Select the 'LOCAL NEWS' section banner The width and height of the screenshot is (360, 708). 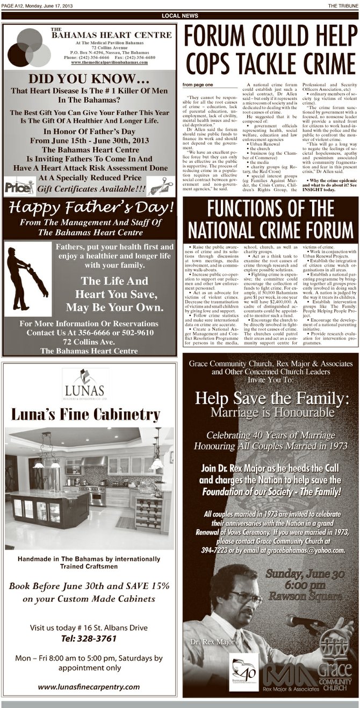click(x=179, y=16)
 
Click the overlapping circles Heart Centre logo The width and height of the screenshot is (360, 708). click(x=29, y=47)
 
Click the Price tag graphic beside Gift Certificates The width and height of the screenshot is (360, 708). click(x=18, y=187)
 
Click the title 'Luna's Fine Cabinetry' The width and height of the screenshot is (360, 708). click(x=85, y=414)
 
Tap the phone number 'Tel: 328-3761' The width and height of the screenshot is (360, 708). click(x=89, y=639)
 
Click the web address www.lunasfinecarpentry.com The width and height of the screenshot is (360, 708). click(x=89, y=686)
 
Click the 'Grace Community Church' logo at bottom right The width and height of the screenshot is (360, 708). click(x=334, y=663)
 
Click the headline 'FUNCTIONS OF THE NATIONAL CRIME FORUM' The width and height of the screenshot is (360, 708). click(x=270, y=221)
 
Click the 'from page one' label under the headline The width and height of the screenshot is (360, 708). click(x=198, y=85)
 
